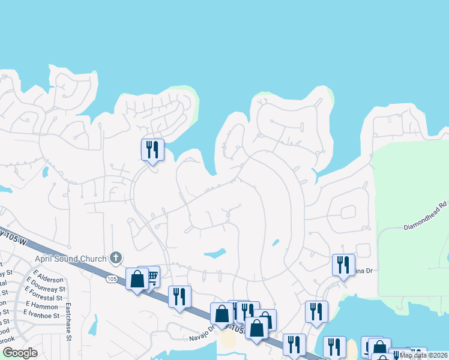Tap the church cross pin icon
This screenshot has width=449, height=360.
[x=116, y=259]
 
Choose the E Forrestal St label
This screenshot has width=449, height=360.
[x=43, y=298]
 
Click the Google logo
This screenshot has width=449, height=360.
[x=20, y=353]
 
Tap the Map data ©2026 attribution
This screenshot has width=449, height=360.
[x=423, y=355]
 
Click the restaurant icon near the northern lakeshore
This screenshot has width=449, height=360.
[x=152, y=149]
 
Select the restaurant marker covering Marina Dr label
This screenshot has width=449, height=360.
[x=343, y=264]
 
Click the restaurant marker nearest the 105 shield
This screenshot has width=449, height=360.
[x=179, y=296]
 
